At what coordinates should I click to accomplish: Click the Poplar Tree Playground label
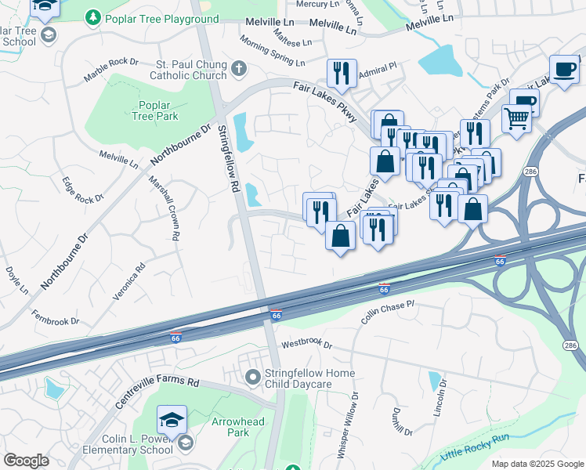(x=162, y=19)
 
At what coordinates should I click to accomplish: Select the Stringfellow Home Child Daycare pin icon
(x=252, y=378)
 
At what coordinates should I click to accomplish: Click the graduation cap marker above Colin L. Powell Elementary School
(x=172, y=419)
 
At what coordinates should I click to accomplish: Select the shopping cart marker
(x=516, y=119)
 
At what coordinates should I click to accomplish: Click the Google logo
(x=26, y=461)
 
